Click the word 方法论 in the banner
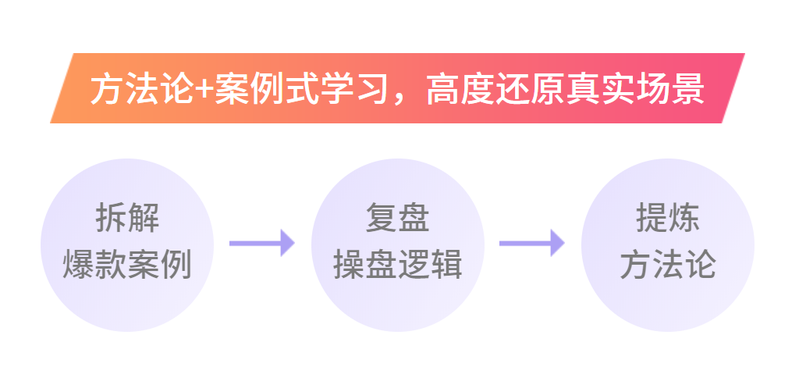[140, 91]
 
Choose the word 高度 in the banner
[456, 91]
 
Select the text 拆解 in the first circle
[127, 219]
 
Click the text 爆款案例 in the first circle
[127, 265]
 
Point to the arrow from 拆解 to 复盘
[261, 243]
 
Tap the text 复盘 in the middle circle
[398, 219]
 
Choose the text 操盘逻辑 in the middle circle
[398, 265]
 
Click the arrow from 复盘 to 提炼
[531, 243]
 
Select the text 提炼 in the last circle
[668, 219]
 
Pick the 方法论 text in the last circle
[668, 265]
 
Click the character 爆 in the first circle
[79, 265]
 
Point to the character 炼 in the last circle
[684, 219]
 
